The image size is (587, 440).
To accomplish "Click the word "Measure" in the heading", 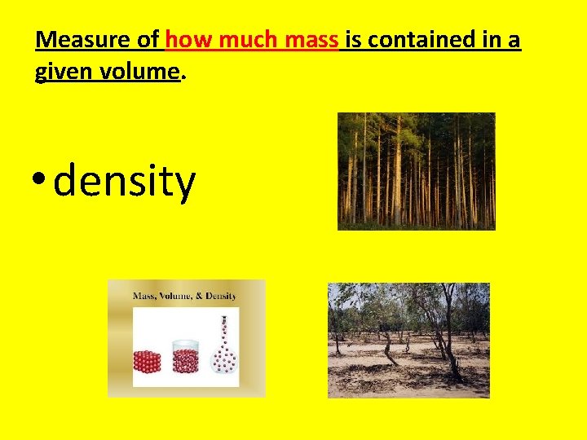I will [x=83, y=39].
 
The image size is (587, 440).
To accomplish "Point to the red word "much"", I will [x=242, y=39].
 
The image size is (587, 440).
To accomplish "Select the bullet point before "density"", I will [x=40, y=181].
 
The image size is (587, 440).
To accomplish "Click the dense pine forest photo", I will [x=416, y=170].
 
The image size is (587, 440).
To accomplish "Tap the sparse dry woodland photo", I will [x=408, y=340].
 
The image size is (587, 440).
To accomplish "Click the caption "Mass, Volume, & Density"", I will [x=185, y=295].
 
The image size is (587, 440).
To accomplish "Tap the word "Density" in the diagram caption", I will [x=221, y=295].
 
